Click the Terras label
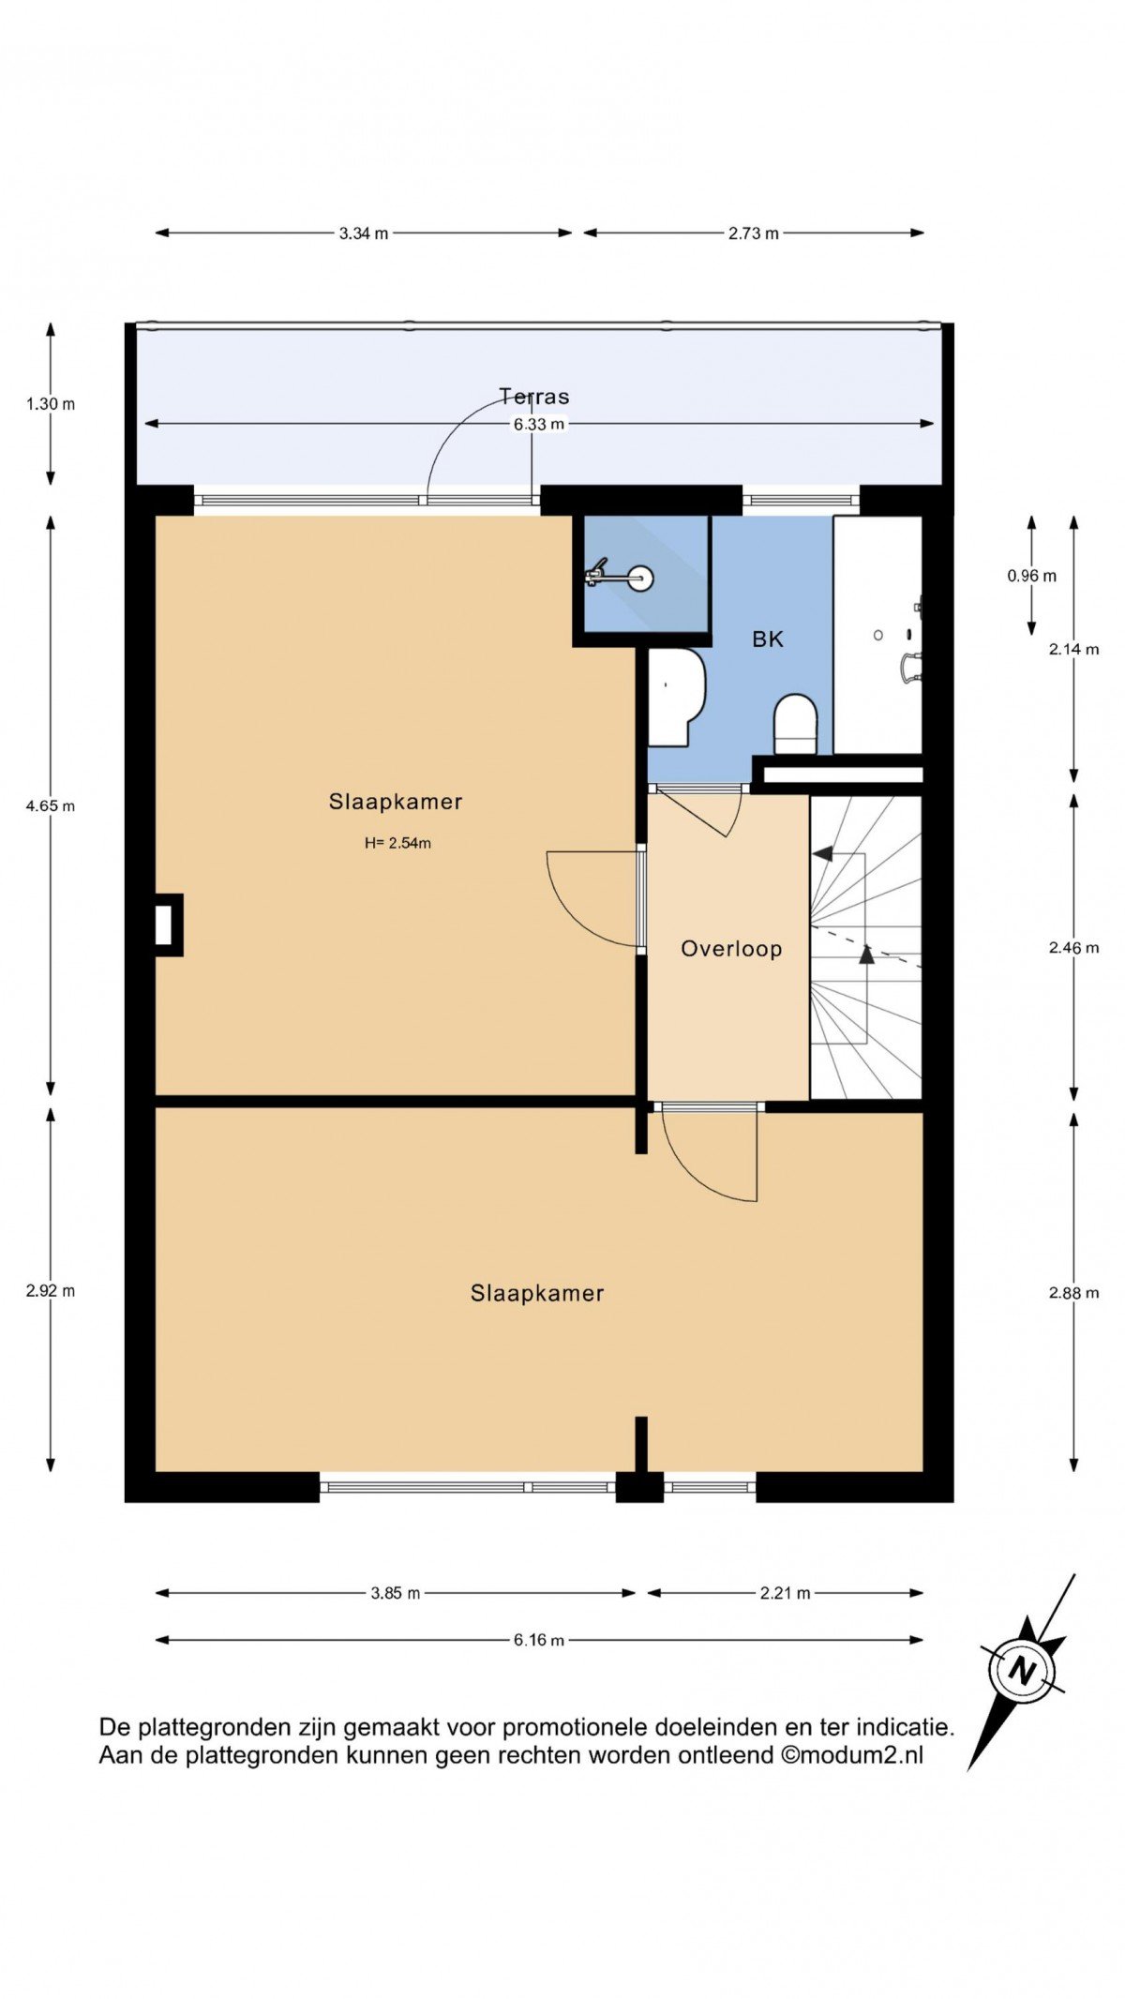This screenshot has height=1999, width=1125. (x=533, y=397)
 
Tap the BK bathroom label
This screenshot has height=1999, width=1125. (x=768, y=639)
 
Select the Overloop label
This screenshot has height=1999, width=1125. (x=731, y=949)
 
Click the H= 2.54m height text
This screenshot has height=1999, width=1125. (x=397, y=843)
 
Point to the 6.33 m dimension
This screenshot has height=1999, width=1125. (x=539, y=424)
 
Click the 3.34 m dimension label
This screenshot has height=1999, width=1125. (x=364, y=233)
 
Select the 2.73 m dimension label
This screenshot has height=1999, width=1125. (x=754, y=233)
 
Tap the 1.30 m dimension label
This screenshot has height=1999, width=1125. (x=51, y=404)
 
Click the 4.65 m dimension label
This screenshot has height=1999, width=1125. (x=51, y=805)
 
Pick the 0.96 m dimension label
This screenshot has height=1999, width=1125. (x=1032, y=576)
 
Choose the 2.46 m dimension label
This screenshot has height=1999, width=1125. (x=1074, y=948)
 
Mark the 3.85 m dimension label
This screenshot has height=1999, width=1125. (x=396, y=1593)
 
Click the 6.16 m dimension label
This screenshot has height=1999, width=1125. (x=539, y=1640)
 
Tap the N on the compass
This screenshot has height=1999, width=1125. (x=1023, y=1671)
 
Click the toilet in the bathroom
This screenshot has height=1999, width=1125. (x=796, y=724)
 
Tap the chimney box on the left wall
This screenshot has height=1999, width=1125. (x=167, y=925)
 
